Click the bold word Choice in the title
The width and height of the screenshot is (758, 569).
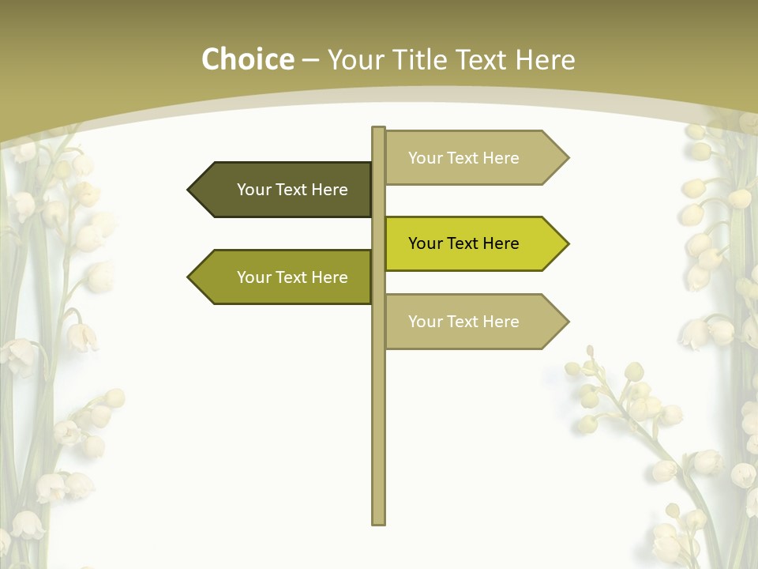coord(247,59)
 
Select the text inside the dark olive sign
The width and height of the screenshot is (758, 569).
coord(292,190)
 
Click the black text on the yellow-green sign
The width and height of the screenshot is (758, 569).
coord(463,243)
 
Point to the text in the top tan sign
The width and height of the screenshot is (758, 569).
coord(463,158)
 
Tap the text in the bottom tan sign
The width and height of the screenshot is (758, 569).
coord(463,322)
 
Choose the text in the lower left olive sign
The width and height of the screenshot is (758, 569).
coord(292,277)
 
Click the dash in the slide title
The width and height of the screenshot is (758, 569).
coord(310,61)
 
